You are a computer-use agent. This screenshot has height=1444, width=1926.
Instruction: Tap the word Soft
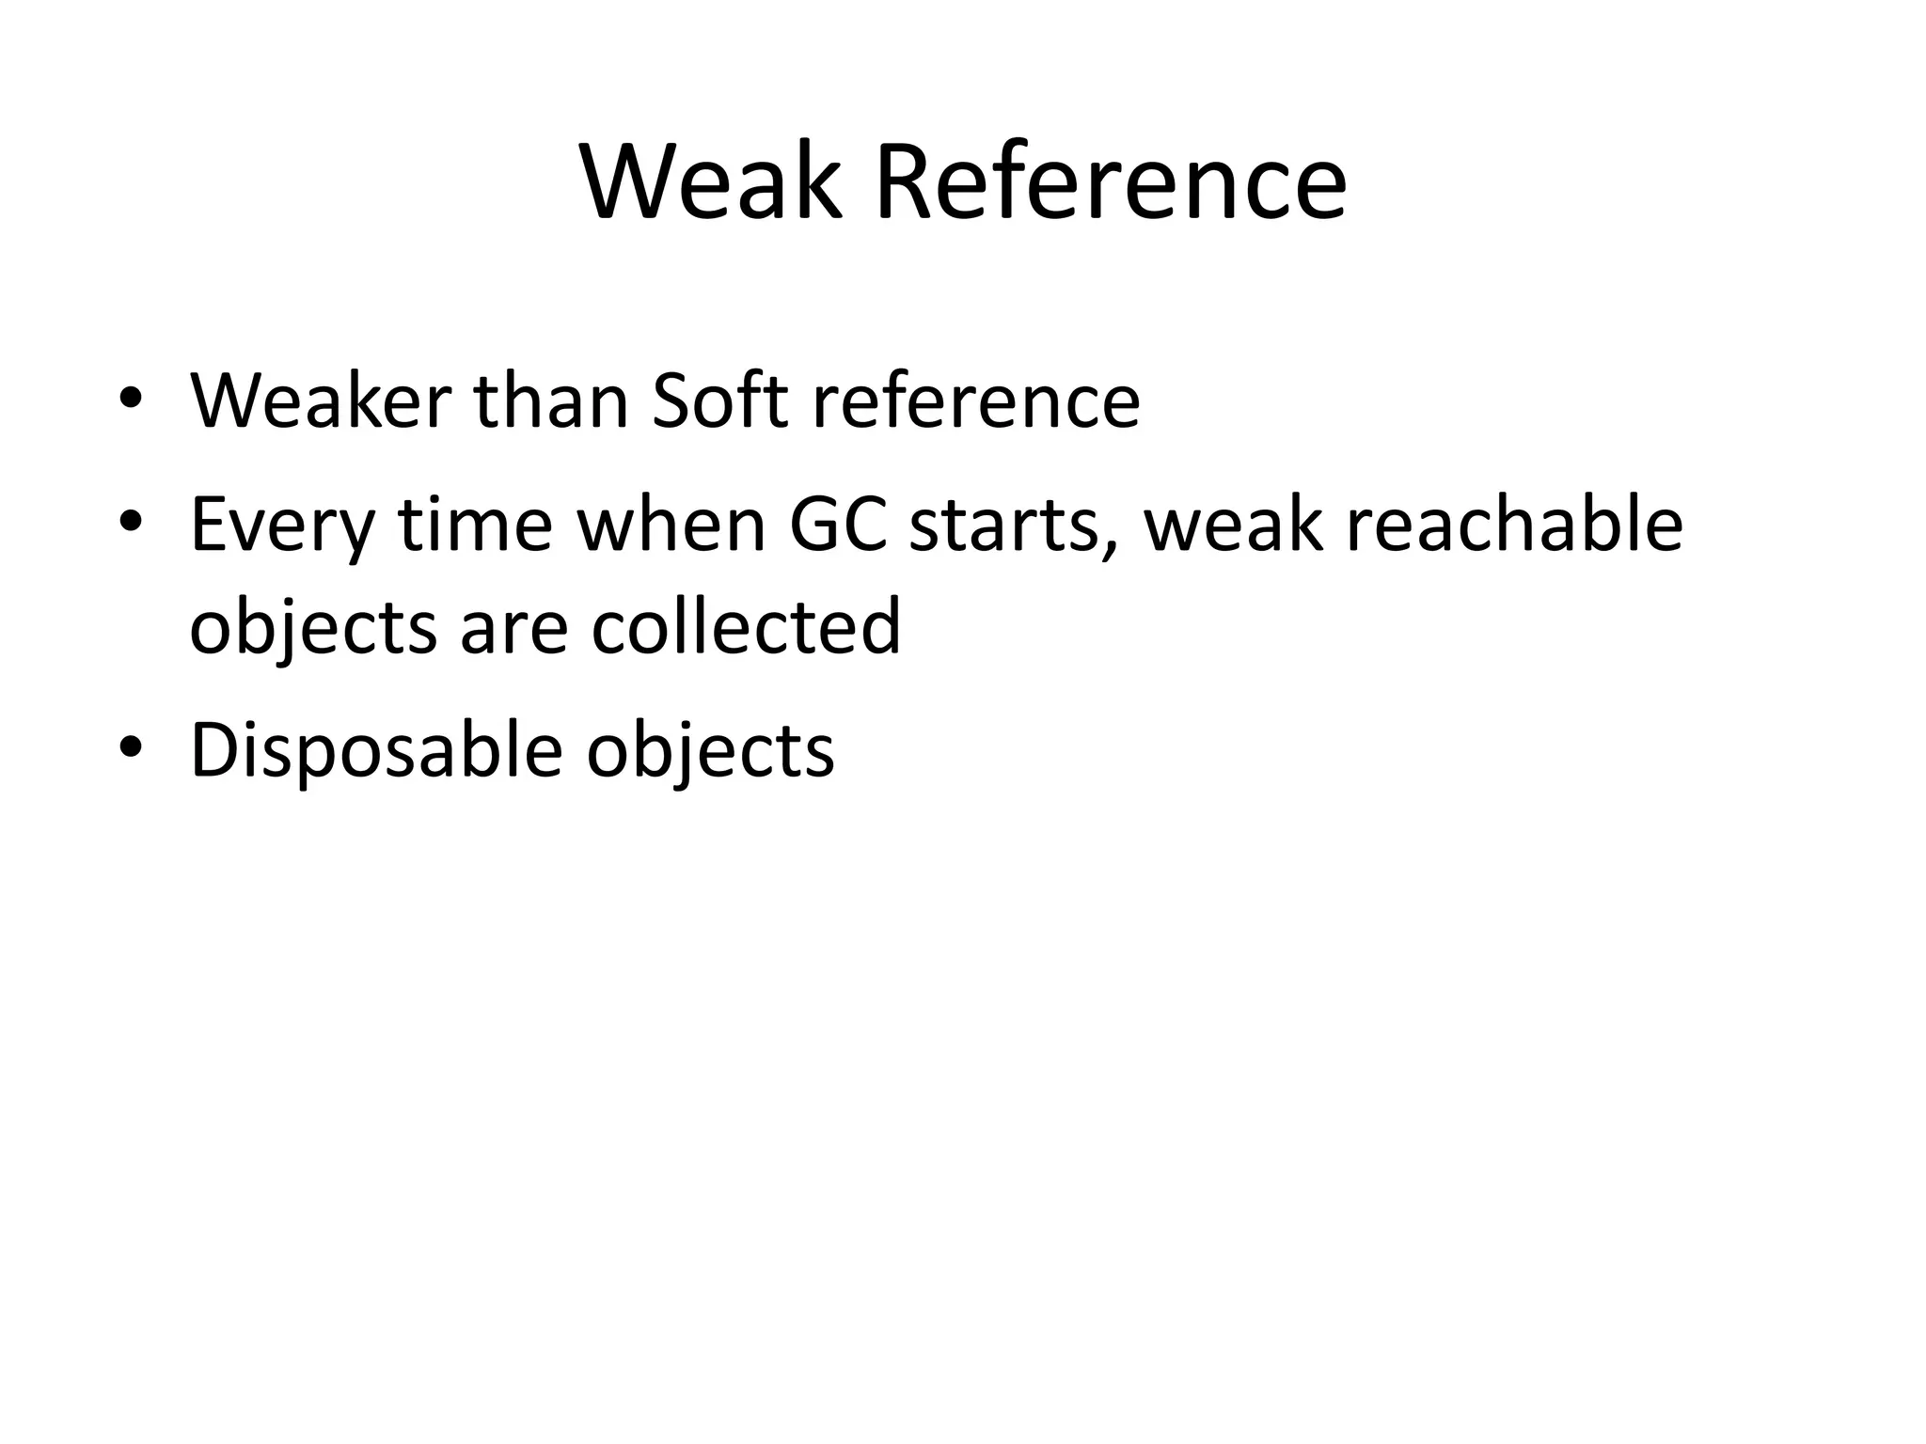(719, 401)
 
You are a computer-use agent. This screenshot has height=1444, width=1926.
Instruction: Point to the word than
(551, 401)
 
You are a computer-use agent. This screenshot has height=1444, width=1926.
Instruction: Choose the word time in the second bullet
(475, 525)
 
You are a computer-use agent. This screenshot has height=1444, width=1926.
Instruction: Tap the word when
(671, 525)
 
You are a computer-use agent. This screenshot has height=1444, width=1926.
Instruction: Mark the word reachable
(1514, 525)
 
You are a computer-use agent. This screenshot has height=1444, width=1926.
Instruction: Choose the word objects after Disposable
(710, 752)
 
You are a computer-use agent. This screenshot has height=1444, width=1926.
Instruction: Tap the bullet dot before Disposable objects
(131, 747)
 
